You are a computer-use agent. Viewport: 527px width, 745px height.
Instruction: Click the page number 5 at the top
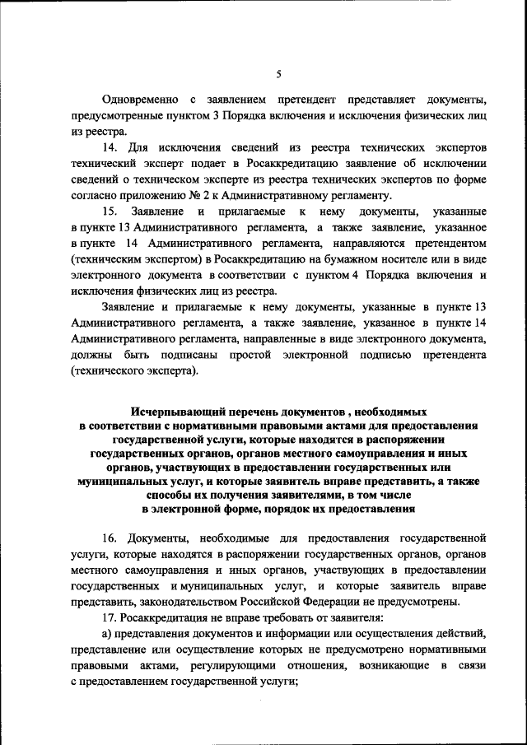(278, 74)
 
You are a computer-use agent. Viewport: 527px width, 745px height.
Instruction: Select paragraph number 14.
(110, 147)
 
